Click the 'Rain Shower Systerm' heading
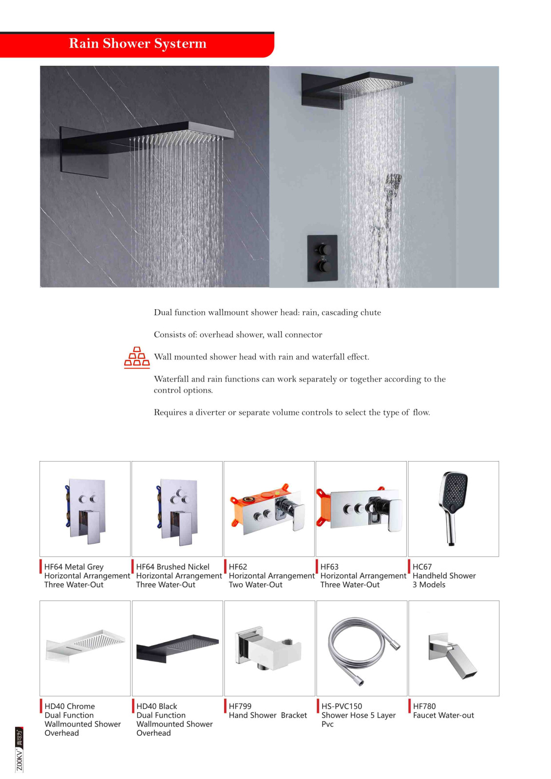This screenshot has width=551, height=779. coord(137,44)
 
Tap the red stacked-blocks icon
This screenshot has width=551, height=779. coord(137,357)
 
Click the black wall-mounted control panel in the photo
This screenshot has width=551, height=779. coord(323,258)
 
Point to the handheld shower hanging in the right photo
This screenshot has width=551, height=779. coord(393,185)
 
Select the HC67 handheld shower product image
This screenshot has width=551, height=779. coord(453,508)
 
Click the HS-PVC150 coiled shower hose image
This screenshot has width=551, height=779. coord(362,648)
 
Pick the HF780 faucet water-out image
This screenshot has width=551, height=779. coord(453,654)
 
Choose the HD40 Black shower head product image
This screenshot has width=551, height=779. coord(177,648)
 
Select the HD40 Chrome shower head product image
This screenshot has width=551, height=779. coord(85,645)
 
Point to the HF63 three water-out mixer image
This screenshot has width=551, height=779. coord(361,508)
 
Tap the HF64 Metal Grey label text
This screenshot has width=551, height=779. coord(74,567)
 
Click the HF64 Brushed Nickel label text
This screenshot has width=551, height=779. coord(173,567)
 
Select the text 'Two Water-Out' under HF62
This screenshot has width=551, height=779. coord(256,585)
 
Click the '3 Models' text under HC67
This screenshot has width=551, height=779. coord(429,585)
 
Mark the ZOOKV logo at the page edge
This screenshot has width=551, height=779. coord(19,749)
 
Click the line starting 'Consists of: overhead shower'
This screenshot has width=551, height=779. coord(238,335)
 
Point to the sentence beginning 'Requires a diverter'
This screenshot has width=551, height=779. coord(292,412)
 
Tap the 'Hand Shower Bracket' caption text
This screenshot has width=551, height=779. coord(268,715)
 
